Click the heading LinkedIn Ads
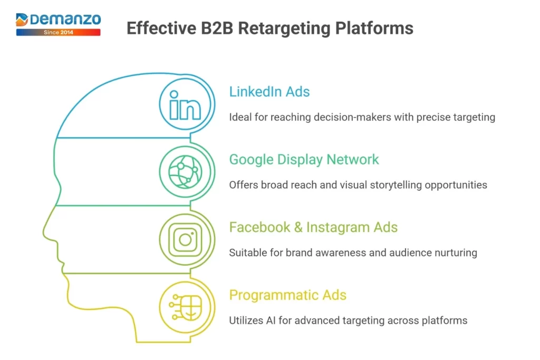[x=269, y=92]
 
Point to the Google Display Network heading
[x=304, y=159]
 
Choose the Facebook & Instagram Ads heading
[x=313, y=227]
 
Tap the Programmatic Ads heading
[x=287, y=295]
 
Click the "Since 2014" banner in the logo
[x=58, y=32]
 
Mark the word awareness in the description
[x=341, y=252]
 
